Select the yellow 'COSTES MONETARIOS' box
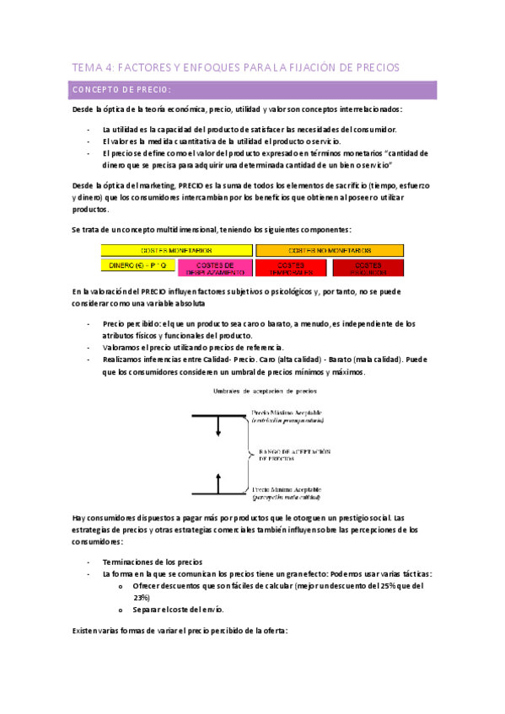(177, 250)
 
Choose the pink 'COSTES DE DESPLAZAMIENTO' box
(216, 268)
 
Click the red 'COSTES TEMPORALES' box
(292, 268)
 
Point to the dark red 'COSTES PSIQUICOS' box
(368, 268)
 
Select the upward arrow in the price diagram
(218, 482)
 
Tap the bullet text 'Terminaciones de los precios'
(153, 562)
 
